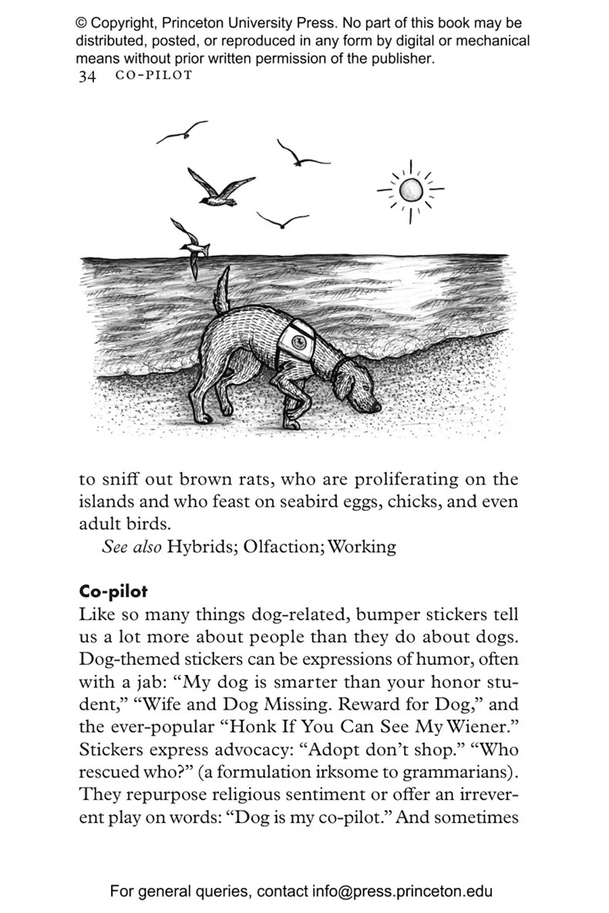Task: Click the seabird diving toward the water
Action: click(188, 243)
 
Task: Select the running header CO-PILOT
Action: click(153, 76)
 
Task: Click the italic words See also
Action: click(131, 547)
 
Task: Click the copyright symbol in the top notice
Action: click(81, 24)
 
